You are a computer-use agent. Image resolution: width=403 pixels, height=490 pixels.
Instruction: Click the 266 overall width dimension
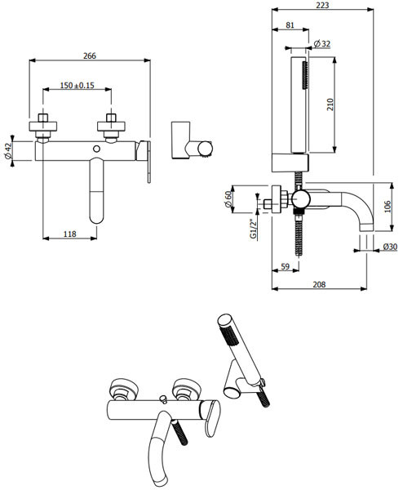point(90,56)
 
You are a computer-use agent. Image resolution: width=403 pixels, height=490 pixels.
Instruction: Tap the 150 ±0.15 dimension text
point(77,85)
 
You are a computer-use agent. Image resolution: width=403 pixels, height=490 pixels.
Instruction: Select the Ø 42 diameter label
point(8,151)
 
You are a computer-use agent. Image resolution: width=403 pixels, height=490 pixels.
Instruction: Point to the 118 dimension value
point(70,234)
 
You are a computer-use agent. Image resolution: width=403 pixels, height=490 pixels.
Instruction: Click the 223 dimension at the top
point(322,5)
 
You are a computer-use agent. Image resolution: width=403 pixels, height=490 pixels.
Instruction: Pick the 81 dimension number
point(290,24)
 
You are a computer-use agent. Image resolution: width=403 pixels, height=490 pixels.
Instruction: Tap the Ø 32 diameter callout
point(322,43)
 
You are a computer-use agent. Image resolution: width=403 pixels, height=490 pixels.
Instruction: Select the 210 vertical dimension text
point(330,105)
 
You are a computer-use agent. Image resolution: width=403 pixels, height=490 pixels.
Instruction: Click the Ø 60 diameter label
point(228,199)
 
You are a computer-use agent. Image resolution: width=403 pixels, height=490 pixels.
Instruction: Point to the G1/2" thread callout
point(253,229)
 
